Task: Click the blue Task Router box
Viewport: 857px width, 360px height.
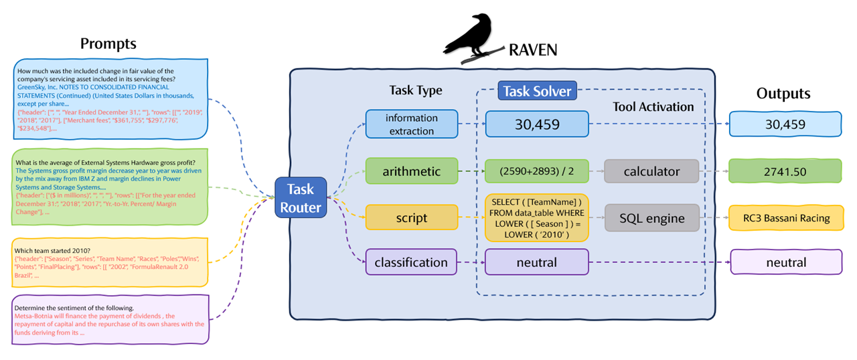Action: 300,198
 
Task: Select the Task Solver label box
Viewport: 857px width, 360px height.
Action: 538,90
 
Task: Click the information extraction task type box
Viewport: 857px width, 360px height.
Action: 411,124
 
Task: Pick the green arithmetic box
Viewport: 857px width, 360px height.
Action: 411,171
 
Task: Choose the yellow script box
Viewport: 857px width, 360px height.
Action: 411,217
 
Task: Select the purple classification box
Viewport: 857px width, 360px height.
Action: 411,262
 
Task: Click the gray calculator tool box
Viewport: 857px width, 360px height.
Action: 651,171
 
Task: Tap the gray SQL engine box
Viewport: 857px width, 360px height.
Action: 651,217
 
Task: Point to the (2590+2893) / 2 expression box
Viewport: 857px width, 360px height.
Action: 536,171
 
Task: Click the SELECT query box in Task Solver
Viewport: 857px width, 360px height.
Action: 536,217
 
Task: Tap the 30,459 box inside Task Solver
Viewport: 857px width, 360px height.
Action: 536,124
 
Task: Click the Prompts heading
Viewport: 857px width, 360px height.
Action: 108,44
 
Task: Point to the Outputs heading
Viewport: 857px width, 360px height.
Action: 783,94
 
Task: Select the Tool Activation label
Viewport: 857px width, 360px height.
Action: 653,106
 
